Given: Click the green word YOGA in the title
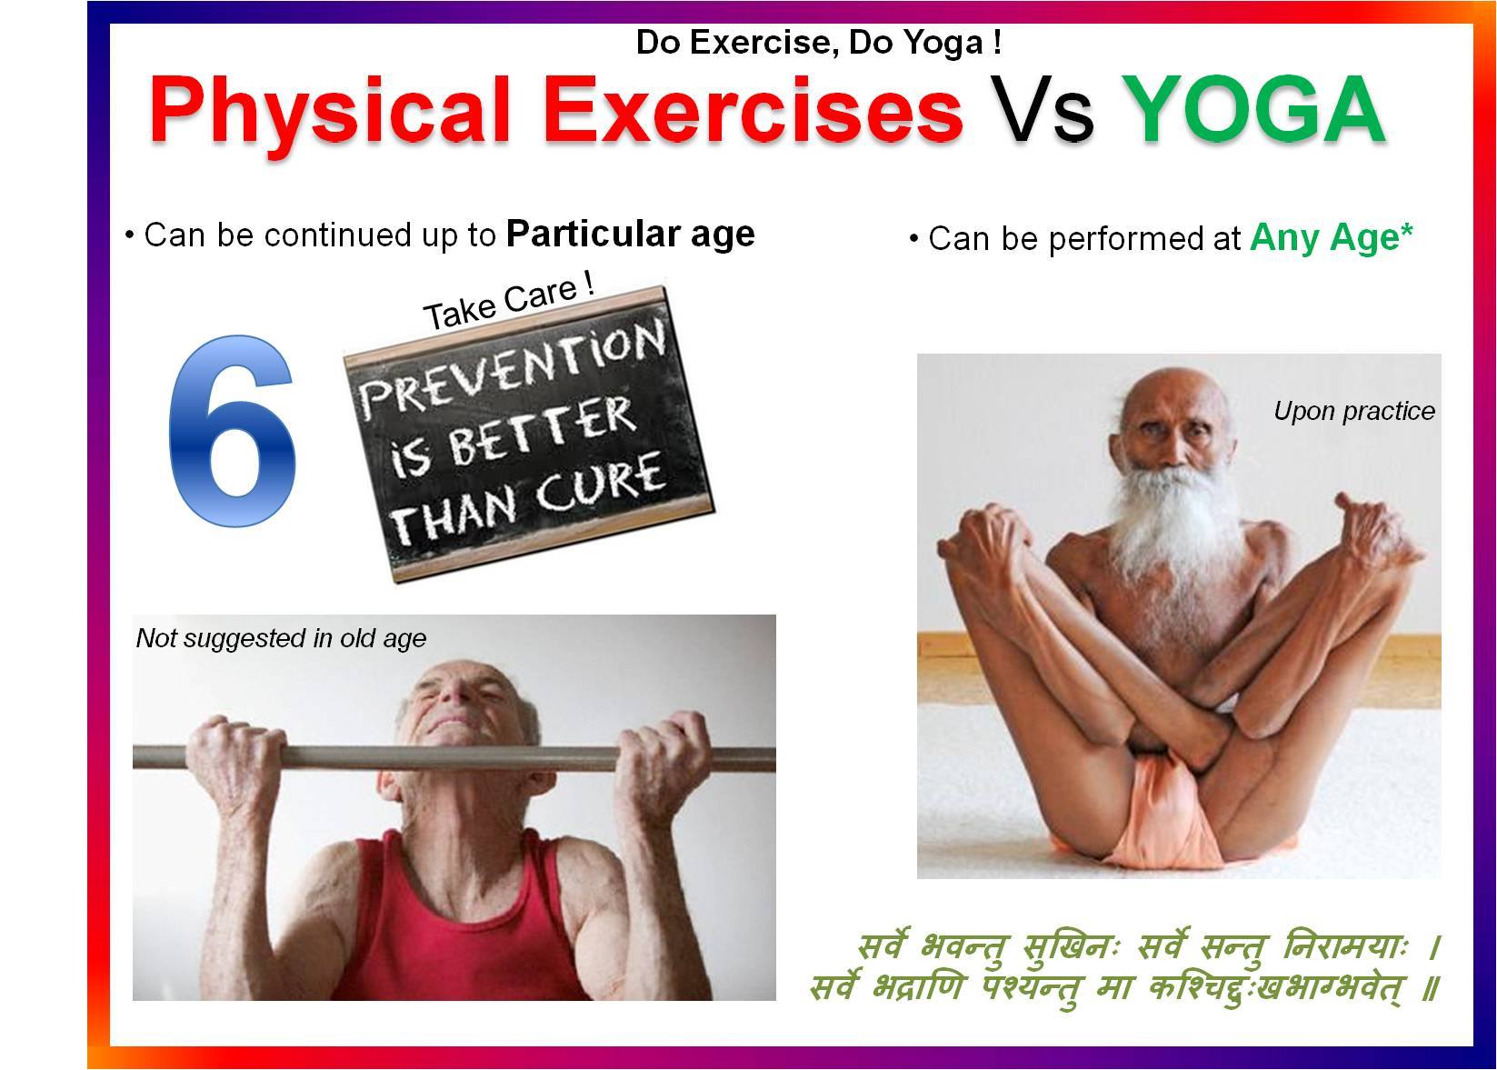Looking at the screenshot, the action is click(x=1252, y=110).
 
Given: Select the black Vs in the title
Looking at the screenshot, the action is click(x=1042, y=110).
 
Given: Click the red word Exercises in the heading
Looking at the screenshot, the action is click(x=753, y=110).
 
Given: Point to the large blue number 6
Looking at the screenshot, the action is click(x=232, y=431).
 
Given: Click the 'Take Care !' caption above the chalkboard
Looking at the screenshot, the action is click(x=509, y=302).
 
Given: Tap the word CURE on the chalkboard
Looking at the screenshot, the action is click(x=600, y=483).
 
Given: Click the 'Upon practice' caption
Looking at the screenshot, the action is click(x=1354, y=412).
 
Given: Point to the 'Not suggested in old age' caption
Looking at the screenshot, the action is click(x=281, y=638).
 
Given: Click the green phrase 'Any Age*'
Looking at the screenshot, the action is click(x=1332, y=237).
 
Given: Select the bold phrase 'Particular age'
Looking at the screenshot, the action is click(x=630, y=235).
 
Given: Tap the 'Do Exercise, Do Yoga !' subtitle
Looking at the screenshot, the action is click(x=819, y=42).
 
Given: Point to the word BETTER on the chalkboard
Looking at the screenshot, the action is click(x=542, y=433).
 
